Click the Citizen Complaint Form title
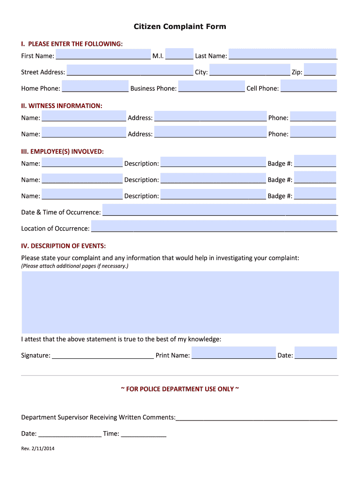(180, 27)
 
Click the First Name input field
(103, 55)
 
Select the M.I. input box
(179, 54)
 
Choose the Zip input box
(320, 70)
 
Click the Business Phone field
(211, 87)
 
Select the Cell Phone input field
(308, 87)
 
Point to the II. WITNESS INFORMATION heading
(62, 106)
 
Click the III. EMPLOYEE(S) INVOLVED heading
(62, 152)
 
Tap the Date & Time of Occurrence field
(220, 210)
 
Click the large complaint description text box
(180, 302)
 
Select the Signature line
(103, 355)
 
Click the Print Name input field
(233, 353)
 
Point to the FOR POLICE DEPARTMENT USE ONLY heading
(180, 389)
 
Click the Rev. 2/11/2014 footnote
(38, 449)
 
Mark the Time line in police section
(144, 434)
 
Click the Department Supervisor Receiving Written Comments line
(256, 417)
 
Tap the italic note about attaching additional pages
(75, 266)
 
